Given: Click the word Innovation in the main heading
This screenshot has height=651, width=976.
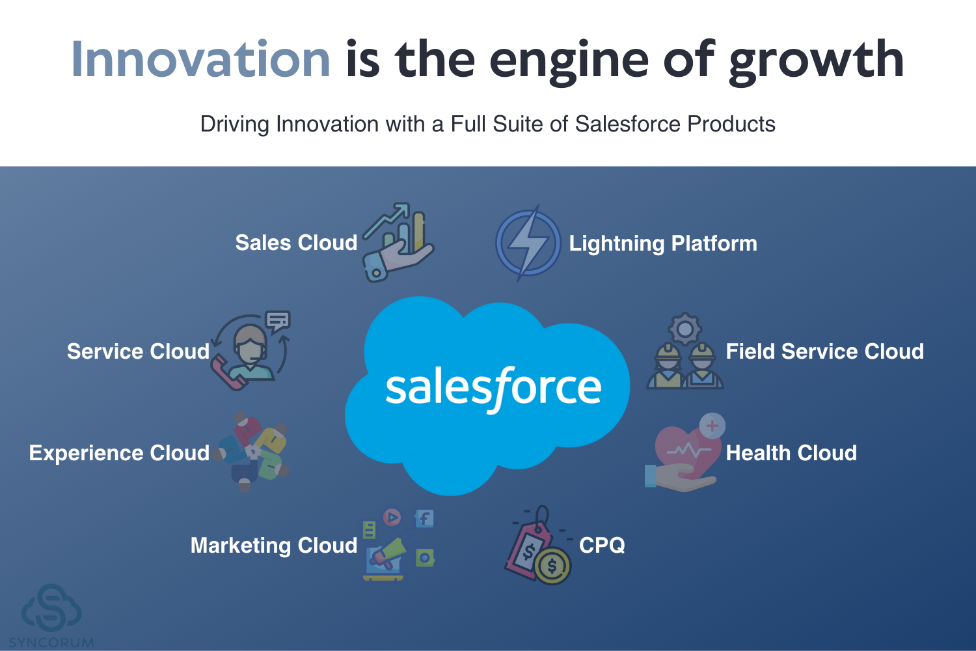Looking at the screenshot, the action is [x=200, y=59].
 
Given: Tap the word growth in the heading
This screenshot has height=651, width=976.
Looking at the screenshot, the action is [x=816, y=62].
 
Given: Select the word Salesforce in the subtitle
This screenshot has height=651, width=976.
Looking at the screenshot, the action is [x=627, y=124].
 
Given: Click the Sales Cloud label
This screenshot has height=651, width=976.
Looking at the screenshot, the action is [x=296, y=242].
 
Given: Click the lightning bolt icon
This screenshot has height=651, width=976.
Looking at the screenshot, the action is [x=528, y=243].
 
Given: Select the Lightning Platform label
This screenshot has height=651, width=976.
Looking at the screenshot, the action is [x=663, y=243].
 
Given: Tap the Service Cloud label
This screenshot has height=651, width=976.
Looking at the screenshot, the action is [x=138, y=352].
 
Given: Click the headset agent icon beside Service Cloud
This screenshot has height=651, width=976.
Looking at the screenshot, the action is [x=251, y=351].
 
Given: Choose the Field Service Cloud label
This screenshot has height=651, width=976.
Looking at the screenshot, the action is [x=824, y=352].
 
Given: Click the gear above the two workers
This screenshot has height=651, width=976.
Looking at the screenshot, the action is [x=685, y=329].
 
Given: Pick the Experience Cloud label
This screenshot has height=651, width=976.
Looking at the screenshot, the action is [x=119, y=453].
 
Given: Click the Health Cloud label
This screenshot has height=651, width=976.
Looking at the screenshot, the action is [x=791, y=453].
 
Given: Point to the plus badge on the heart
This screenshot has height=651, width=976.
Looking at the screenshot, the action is [x=712, y=426].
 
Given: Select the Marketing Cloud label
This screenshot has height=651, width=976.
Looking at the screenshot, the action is [x=274, y=546].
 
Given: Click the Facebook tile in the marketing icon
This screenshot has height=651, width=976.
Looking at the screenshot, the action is [x=424, y=518].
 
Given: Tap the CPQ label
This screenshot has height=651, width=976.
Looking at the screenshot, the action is [x=602, y=545].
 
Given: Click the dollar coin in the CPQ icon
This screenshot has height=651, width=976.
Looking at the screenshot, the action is [x=552, y=566].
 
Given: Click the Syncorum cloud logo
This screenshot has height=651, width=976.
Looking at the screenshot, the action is [x=51, y=609].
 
